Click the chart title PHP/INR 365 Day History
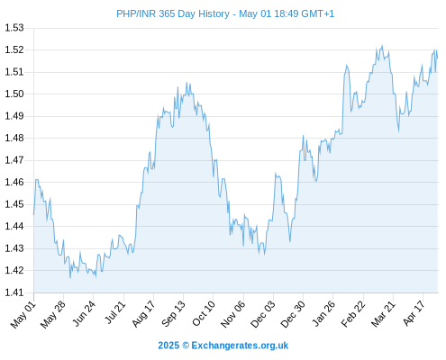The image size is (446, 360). point(173,13)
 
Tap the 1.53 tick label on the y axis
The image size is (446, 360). point(14,28)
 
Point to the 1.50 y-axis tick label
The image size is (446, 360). point(14,94)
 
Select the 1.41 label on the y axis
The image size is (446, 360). point(14,292)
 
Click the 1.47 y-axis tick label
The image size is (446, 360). point(14,160)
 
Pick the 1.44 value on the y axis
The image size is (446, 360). point(14,226)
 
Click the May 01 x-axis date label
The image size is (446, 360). point(23,315)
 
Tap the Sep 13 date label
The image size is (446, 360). point(173,314)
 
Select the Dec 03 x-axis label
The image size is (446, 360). point(263,314)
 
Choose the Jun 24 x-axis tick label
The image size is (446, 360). point(84,314)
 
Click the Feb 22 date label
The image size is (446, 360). point(353,314)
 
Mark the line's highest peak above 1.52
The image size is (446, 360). point(382,46)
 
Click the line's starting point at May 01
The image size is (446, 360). point(33,214)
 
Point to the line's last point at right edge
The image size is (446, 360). point(438,58)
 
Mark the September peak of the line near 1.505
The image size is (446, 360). point(187,83)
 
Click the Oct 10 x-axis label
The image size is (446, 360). point(204,314)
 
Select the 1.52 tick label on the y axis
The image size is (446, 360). point(14,49)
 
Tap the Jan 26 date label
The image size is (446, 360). point(323,314)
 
